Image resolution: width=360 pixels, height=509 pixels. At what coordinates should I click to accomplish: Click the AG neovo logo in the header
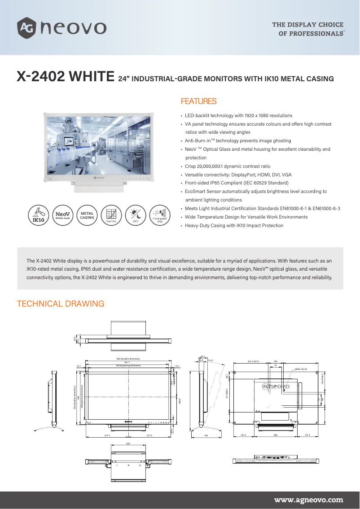(61, 28)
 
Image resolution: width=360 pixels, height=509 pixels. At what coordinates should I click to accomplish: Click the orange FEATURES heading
(198, 101)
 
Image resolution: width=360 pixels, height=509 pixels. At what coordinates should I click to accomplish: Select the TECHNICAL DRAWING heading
(60, 304)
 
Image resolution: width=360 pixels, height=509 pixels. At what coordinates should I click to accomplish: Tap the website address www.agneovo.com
(308, 500)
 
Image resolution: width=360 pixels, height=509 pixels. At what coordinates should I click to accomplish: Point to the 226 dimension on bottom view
(128, 443)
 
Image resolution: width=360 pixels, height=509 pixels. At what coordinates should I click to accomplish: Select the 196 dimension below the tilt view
(206, 435)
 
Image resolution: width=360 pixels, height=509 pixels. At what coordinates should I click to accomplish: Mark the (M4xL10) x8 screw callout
(300, 369)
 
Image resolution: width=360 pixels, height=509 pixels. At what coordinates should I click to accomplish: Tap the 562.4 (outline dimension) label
(128, 359)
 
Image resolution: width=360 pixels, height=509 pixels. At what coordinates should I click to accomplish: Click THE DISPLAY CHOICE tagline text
(308, 25)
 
